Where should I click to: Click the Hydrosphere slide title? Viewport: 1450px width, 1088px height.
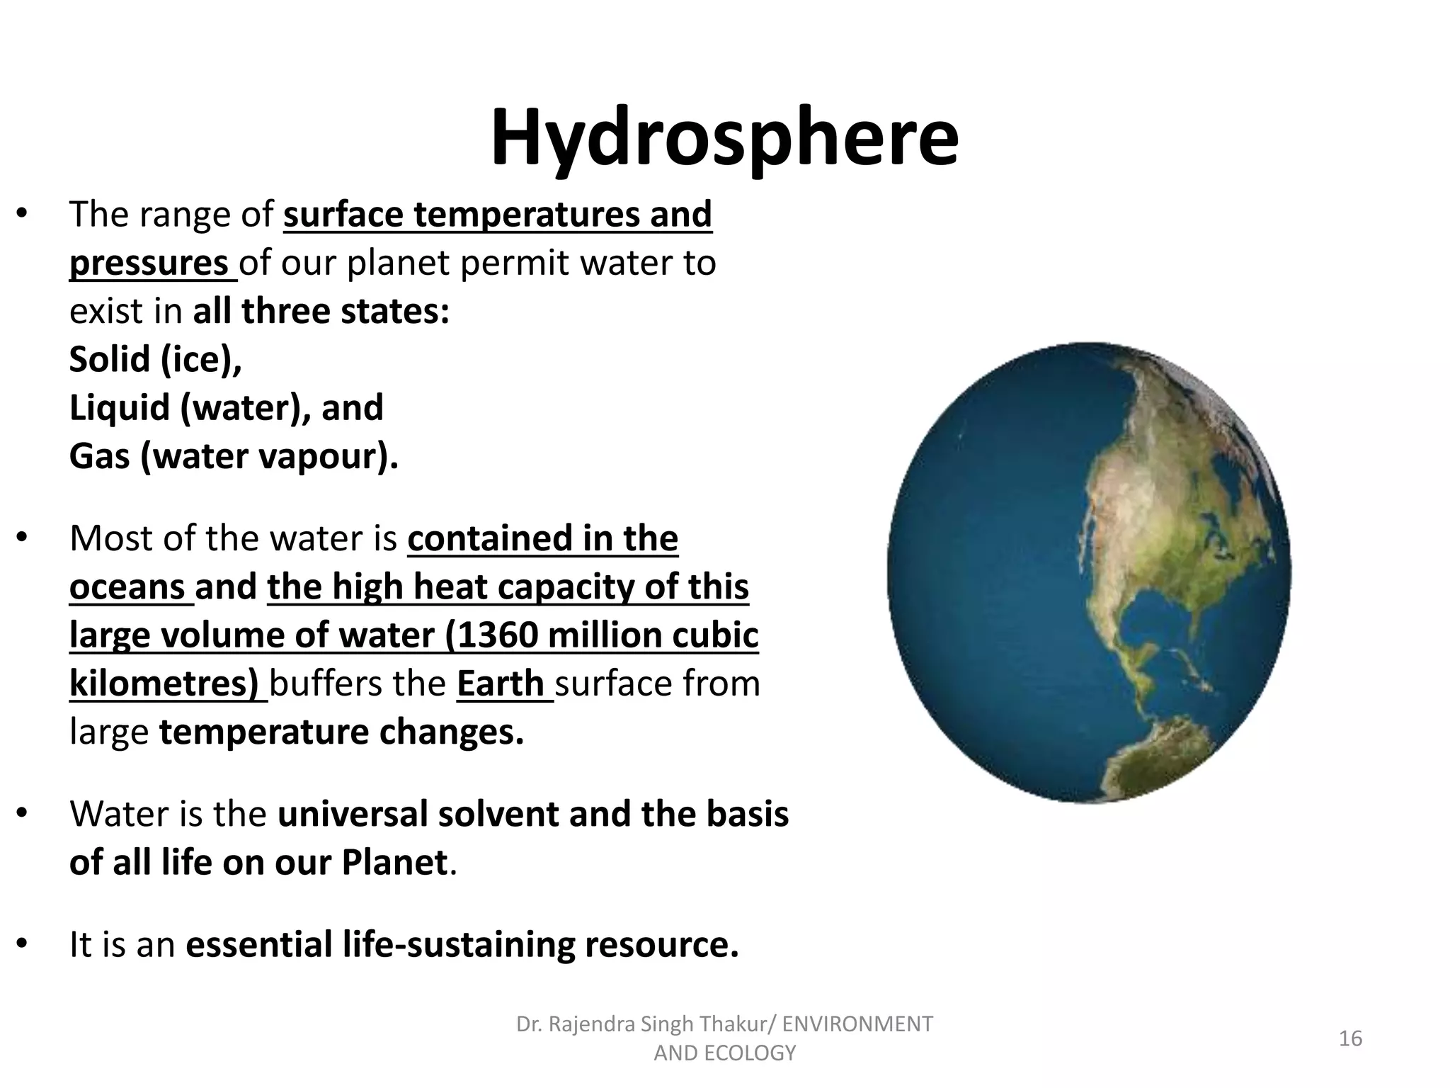coord(724,138)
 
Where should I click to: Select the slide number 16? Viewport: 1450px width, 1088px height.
coord(1350,1038)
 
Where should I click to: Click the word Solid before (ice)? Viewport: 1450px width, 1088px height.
coord(109,360)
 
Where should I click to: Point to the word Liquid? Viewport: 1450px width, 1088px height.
coord(120,408)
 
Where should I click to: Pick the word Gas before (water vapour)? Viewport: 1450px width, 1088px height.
coord(99,457)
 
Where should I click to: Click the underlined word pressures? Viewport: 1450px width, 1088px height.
coord(149,263)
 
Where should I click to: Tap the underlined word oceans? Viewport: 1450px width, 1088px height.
coord(127,587)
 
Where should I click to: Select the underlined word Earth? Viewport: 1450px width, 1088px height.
coord(501,684)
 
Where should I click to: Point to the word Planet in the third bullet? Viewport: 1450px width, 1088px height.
coord(394,863)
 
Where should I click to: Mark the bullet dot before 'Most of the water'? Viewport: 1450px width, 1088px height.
coord(22,538)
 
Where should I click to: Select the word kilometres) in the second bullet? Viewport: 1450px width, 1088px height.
coord(164,684)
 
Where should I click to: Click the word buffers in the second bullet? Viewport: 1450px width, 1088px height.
coord(323,684)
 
